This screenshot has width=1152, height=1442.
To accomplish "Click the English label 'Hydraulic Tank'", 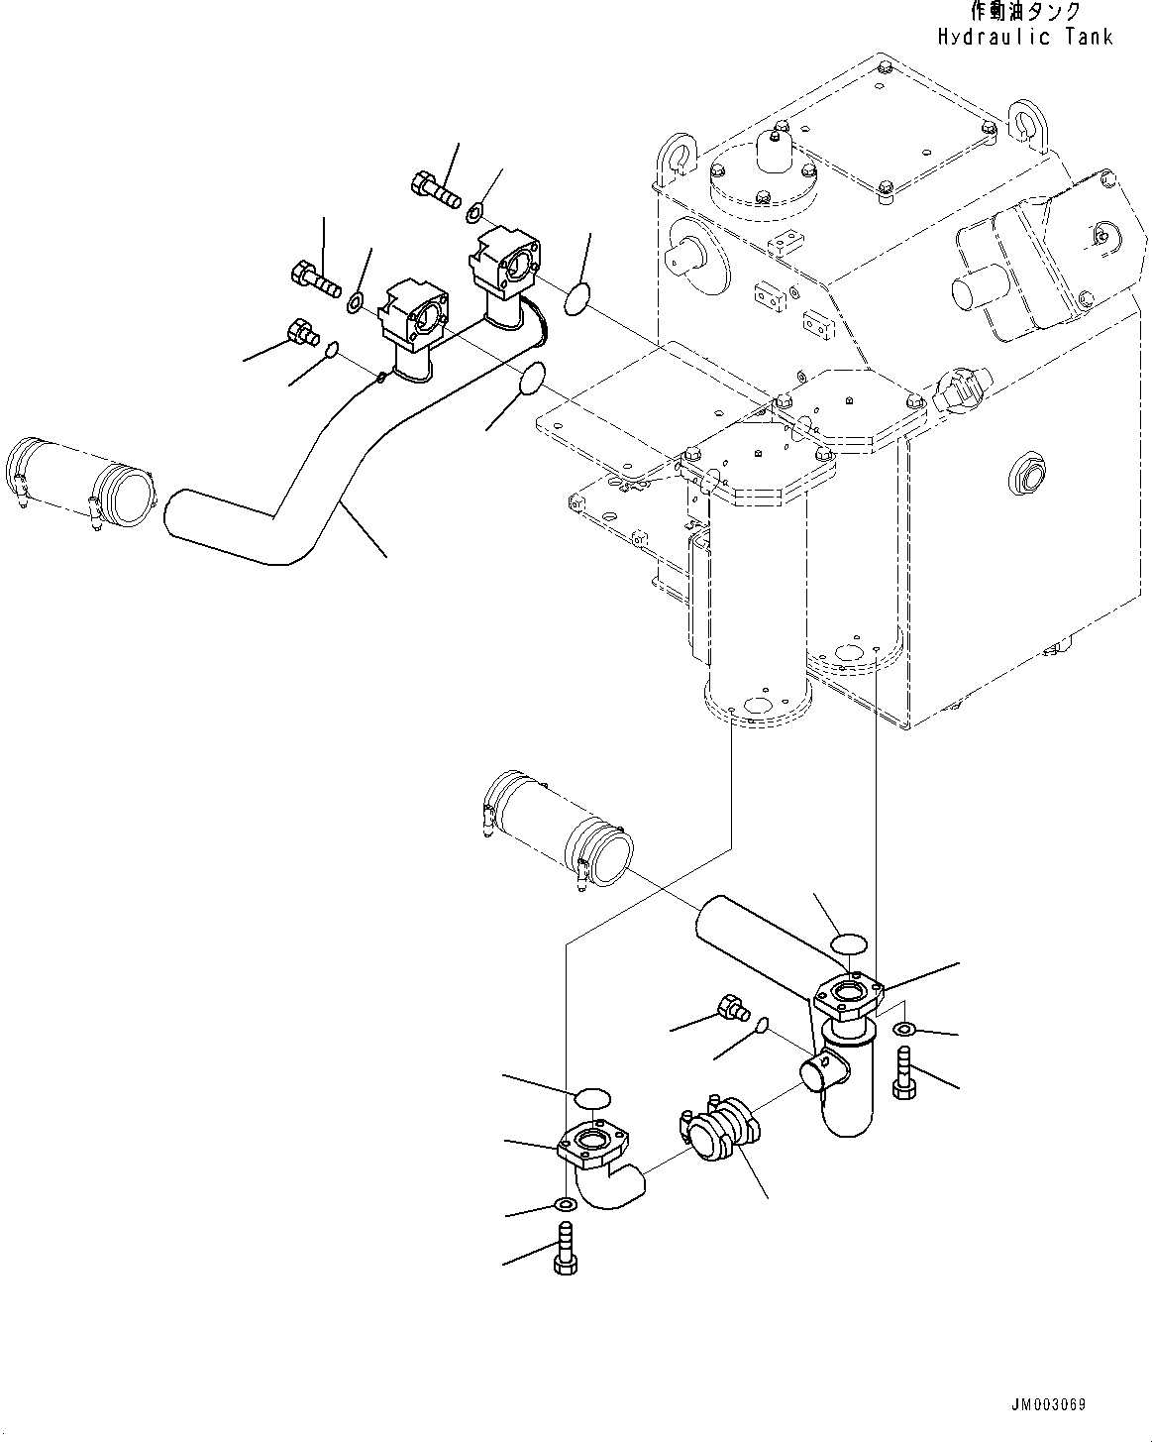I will pos(1025,37).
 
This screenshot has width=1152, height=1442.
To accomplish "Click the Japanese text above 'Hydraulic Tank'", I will pos(1025,12).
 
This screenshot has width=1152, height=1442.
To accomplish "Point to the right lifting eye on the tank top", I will pos(1025,121).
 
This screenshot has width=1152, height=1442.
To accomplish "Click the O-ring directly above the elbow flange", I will pos(592,1097).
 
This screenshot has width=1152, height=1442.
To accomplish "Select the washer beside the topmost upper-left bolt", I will pos(476,210).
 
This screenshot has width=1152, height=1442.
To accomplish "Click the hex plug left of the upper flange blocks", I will pos(299,332).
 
